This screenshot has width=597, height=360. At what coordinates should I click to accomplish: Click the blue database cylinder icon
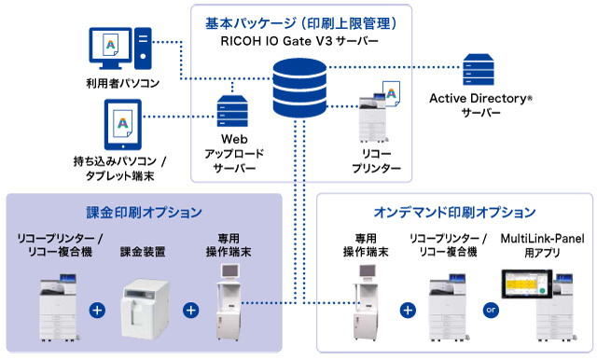(x=299, y=88)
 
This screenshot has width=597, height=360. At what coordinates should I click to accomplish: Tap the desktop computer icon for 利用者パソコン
(x=120, y=48)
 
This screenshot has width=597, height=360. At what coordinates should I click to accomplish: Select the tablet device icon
(x=122, y=124)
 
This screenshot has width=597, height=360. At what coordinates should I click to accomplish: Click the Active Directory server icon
(x=479, y=70)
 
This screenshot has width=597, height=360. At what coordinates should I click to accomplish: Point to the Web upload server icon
(x=232, y=111)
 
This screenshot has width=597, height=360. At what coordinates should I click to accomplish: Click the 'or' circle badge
(x=491, y=310)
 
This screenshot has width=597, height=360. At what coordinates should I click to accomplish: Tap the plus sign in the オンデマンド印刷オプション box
(x=408, y=311)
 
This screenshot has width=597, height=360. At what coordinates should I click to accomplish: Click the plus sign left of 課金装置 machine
(x=97, y=311)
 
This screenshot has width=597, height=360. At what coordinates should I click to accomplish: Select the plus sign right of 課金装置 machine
(x=190, y=311)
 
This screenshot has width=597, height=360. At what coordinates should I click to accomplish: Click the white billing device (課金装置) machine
(x=145, y=309)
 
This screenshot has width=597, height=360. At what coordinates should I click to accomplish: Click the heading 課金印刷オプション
(x=144, y=213)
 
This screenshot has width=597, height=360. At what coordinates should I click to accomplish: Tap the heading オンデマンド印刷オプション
(x=454, y=213)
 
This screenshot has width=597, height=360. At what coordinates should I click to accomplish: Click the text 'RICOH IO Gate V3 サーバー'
(x=299, y=41)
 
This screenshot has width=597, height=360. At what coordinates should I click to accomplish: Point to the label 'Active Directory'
(x=479, y=99)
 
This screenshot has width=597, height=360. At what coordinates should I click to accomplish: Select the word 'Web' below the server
(x=234, y=139)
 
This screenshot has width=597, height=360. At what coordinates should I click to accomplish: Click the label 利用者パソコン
(x=122, y=83)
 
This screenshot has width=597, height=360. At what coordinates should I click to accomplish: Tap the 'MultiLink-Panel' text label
(x=542, y=239)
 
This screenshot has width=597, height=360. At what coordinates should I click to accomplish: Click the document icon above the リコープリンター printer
(x=392, y=93)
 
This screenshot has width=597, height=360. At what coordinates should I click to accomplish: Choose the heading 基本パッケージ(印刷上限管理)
(x=300, y=23)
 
